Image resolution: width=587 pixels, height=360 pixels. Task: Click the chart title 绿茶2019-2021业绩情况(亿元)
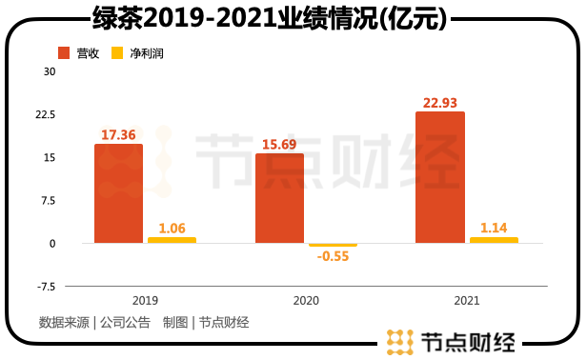click(270, 17)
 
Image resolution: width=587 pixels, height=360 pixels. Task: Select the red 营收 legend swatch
click(64, 53)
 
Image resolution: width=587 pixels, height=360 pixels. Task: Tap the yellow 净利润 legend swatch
click(118, 53)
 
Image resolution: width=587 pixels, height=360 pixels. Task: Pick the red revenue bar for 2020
click(279, 198)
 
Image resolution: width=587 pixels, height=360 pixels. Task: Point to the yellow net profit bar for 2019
click(172, 240)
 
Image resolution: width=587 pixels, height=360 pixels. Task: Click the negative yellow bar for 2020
click(333, 245)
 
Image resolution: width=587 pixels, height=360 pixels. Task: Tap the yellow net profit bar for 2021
click(493, 240)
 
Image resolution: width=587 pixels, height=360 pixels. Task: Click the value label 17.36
click(118, 135)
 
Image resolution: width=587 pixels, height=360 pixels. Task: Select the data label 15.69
click(279, 144)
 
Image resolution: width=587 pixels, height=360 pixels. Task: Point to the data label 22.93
click(439, 102)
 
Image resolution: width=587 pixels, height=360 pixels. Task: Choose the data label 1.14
click(493, 228)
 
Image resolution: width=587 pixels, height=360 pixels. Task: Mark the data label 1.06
click(172, 228)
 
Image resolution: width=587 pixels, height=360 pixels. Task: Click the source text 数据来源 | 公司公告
click(94, 322)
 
